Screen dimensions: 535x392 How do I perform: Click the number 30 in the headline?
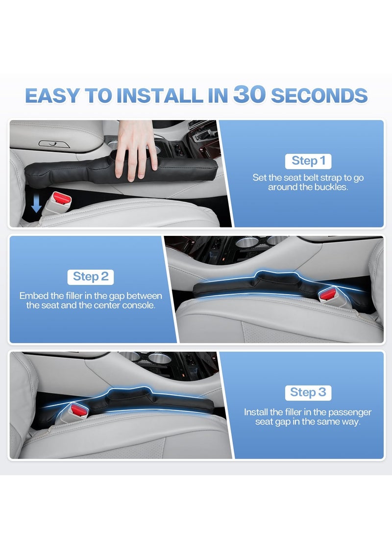pyautogui.click(x=249, y=95)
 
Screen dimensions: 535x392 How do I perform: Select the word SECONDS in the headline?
pyautogui.click(x=319, y=96)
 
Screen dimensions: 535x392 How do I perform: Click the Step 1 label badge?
pyautogui.click(x=308, y=160)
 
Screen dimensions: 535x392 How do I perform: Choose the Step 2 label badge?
pyautogui.click(x=91, y=276)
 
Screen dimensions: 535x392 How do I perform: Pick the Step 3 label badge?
pyautogui.click(x=308, y=392)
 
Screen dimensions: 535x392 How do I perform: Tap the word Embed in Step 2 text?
pyautogui.click(x=32, y=296)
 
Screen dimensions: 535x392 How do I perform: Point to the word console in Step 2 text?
pyautogui.click(x=147, y=305)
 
